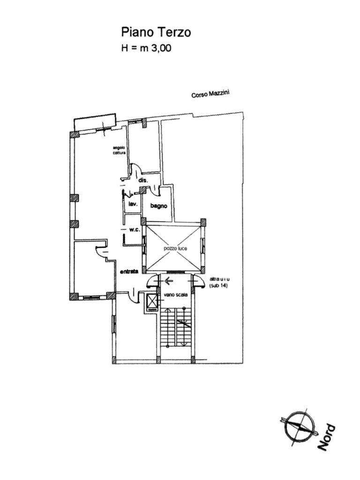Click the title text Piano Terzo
click(x=156, y=32)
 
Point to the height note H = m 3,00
click(x=146, y=48)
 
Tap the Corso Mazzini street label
click(x=210, y=94)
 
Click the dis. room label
click(x=143, y=180)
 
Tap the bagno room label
click(x=159, y=205)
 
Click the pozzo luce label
click(x=175, y=248)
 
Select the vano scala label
click(x=176, y=295)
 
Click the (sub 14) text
click(x=218, y=285)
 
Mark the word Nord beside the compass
click(x=326, y=437)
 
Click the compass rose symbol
click(x=297, y=425)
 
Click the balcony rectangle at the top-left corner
click(x=95, y=121)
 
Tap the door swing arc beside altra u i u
click(x=199, y=280)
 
